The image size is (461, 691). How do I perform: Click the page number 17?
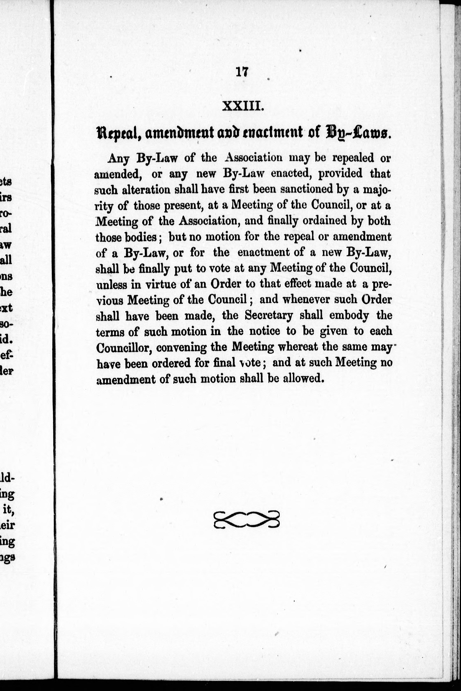[242, 72]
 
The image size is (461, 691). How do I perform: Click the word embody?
[349, 315]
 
